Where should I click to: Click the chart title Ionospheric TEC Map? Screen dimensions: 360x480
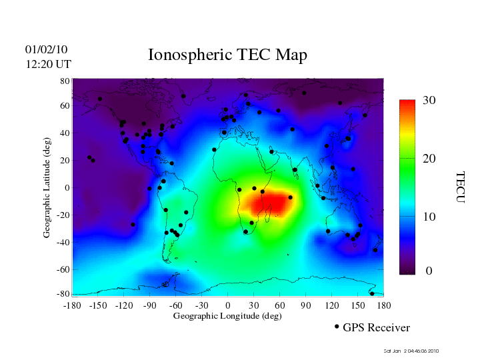coord(227,55)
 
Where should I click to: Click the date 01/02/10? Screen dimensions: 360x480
coord(46,49)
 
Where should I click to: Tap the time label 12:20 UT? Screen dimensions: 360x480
coord(47,64)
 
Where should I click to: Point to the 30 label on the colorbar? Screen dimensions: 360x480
coord(429,100)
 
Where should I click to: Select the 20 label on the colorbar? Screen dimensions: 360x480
coord(429,161)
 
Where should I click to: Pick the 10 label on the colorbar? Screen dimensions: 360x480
coord(429,217)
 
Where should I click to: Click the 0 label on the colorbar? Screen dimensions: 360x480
coord(429,271)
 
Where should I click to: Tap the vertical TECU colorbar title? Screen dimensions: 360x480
coord(460,187)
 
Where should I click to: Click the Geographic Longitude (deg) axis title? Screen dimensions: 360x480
coord(227,316)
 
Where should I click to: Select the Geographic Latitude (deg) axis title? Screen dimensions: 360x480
coord(47,191)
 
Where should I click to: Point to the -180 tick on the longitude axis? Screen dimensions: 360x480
coord(72,305)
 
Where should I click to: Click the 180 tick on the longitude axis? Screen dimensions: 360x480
coord(384,305)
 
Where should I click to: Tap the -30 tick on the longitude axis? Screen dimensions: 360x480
coord(201,305)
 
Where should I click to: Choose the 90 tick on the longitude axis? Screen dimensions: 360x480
coord(306,305)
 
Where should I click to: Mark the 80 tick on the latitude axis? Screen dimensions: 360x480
coord(65,81)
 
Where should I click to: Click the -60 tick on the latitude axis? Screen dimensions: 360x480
coord(63,269)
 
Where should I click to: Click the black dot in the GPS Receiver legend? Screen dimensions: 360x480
coord(337,327)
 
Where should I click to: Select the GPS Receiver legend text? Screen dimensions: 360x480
coord(376,328)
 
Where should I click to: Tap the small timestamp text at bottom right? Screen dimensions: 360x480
coord(411,351)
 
